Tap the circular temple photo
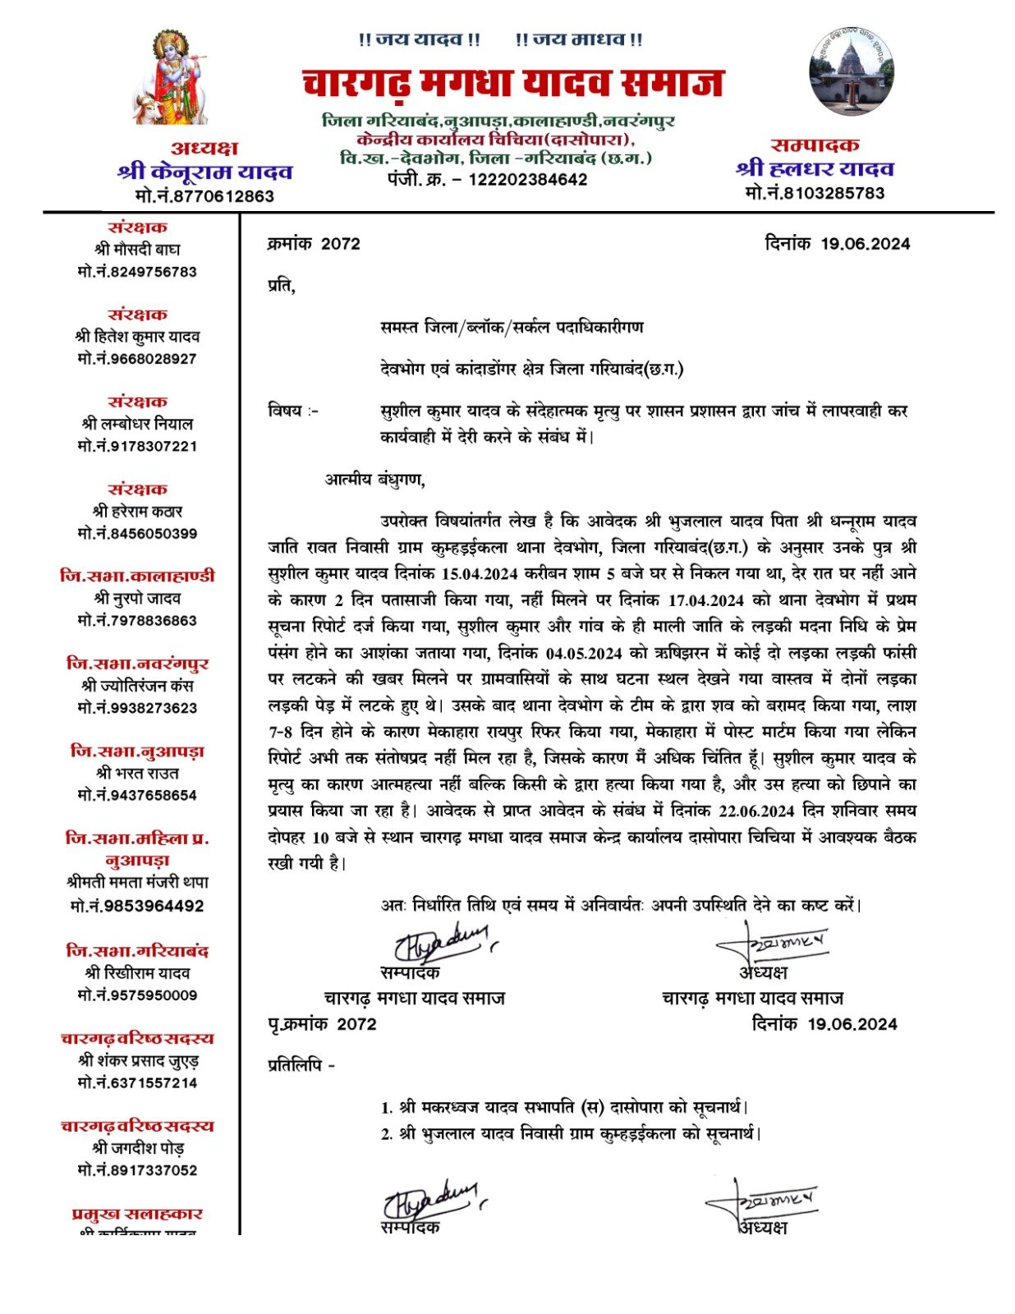tap(851, 73)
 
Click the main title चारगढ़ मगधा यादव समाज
tap(512, 84)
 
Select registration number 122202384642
tap(527, 180)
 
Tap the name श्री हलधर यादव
tap(815, 169)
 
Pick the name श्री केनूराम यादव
tap(205, 172)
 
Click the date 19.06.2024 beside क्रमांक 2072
tap(865, 244)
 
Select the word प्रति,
tap(281, 287)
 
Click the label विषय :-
tap(293, 411)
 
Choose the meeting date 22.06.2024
tap(756, 811)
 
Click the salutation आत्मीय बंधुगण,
tap(375, 480)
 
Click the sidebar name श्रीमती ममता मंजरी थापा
tap(137, 883)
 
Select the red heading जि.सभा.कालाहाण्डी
tap(137, 576)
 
